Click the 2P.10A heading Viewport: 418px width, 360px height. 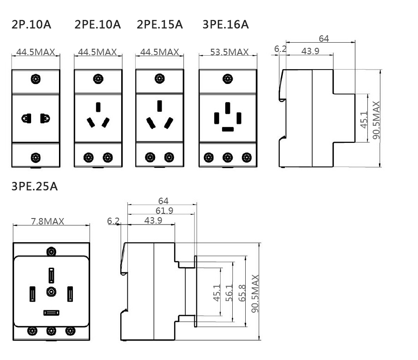click(31, 24)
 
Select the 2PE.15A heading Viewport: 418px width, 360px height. click(160, 24)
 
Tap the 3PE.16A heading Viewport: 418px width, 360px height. click(226, 24)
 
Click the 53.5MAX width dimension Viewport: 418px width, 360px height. click(229, 52)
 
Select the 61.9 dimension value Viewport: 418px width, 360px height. click(162, 211)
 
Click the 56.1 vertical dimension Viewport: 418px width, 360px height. click(229, 293)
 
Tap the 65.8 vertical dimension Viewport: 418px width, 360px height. click(242, 293)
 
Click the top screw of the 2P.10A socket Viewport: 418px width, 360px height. click(35, 79)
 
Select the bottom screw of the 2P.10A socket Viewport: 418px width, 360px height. click(35, 157)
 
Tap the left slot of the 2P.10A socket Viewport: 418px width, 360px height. click(26, 118)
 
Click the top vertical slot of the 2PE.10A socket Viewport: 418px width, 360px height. click(98, 107)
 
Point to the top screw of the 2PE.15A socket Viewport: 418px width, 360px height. click(160, 79)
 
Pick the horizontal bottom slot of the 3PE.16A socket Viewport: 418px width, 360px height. click(228, 129)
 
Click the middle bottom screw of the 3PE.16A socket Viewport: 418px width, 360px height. click(228, 157)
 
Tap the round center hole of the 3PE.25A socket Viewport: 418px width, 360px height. click(51, 292)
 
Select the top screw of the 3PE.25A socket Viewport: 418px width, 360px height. click(51, 251)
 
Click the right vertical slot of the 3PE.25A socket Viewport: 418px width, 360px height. click(70, 294)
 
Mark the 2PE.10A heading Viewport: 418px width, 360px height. click(98, 24)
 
